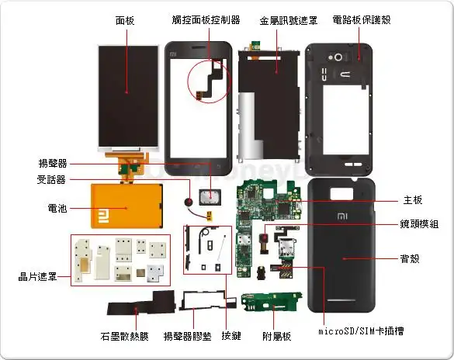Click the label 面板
pyautogui.click(x=125, y=20)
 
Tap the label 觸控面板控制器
pyautogui.click(x=206, y=20)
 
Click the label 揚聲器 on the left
pyautogui.click(x=53, y=164)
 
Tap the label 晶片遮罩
pyautogui.click(x=38, y=276)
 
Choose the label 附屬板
pyautogui.click(x=277, y=335)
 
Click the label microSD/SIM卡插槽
pyautogui.click(x=362, y=332)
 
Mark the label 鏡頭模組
pyautogui.click(x=418, y=223)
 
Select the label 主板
pyautogui.click(x=413, y=200)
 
